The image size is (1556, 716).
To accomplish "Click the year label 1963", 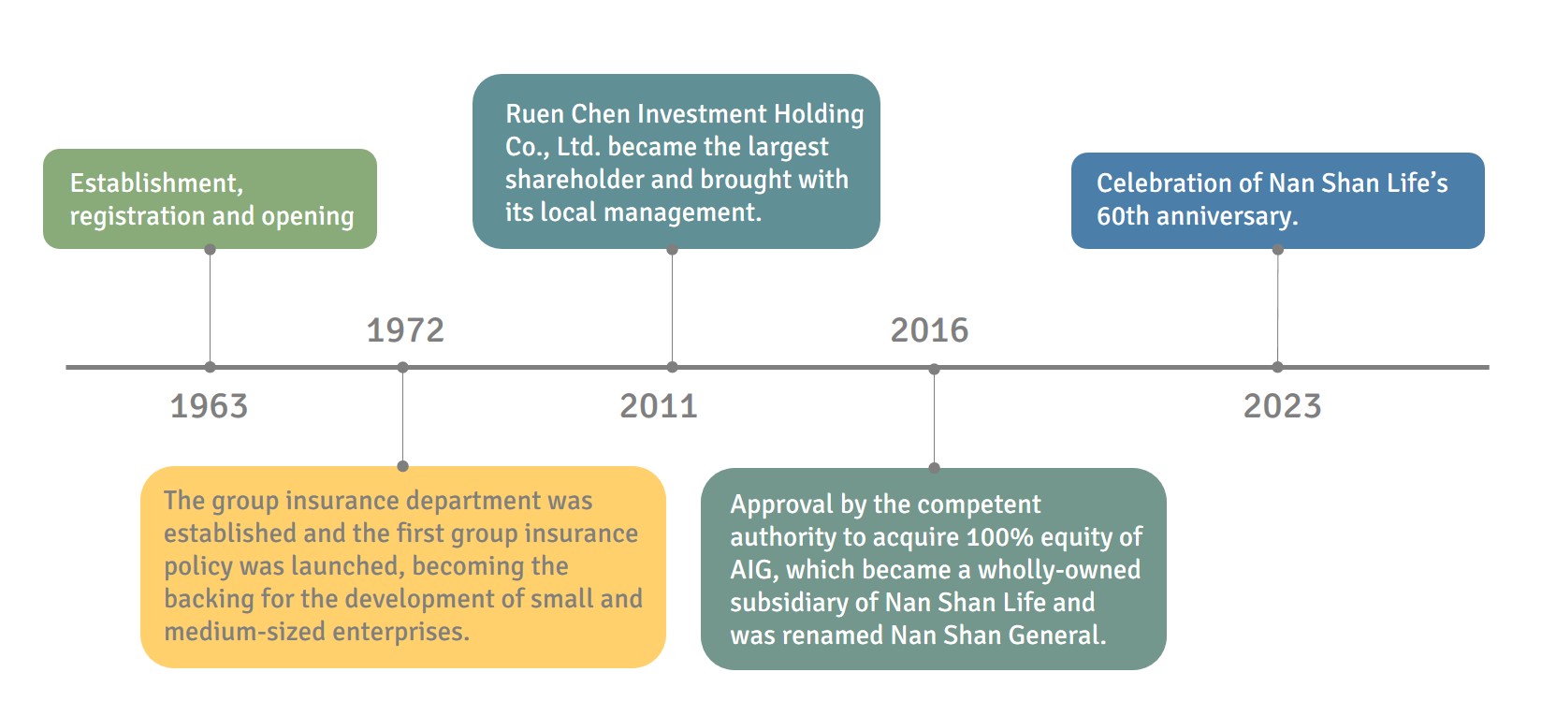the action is (209, 406).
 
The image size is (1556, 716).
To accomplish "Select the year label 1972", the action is (405, 330).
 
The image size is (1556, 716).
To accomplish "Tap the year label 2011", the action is (659, 406).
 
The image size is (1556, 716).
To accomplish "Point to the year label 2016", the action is (929, 330).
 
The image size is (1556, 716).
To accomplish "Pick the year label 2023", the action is (1282, 406).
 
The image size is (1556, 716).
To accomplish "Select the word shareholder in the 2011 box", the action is (574, 180).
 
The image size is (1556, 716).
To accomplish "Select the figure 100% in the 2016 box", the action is (999, 537).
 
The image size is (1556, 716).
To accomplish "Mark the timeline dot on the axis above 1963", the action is (210, 367).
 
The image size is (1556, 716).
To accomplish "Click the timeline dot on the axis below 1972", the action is (403, 367).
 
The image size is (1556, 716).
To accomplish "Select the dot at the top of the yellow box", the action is (403, 466).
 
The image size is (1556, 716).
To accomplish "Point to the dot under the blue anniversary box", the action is (1277, 250).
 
